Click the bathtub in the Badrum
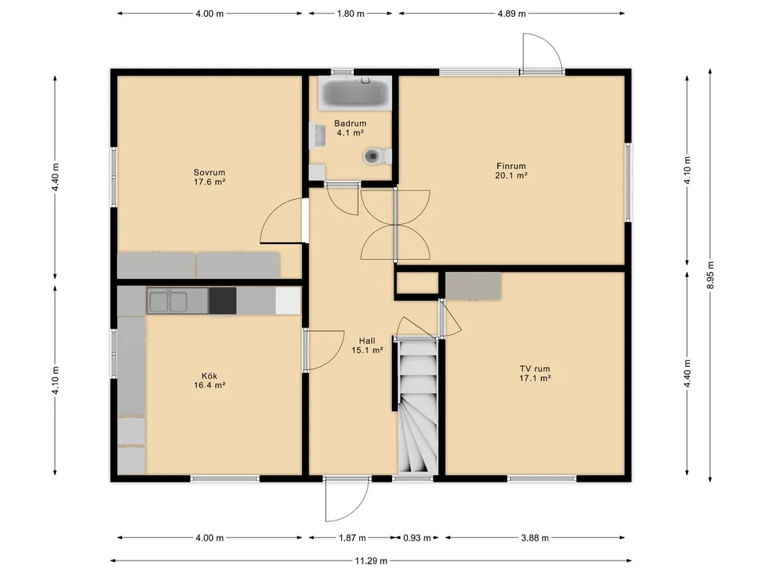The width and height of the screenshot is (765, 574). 355,92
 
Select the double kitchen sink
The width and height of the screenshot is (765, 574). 168,301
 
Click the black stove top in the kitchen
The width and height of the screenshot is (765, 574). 222,301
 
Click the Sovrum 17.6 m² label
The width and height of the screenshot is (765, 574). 210,177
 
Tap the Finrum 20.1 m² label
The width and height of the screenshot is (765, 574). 512,171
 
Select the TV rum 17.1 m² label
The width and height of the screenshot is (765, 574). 535,373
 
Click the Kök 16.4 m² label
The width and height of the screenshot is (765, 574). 210,380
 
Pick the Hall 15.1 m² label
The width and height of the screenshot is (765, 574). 367,345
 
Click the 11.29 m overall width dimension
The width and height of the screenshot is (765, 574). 371,560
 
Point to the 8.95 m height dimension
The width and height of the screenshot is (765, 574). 710,275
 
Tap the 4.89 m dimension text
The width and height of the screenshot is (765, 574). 512,14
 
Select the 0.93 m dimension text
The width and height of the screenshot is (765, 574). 417,538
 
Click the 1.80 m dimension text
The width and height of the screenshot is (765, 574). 351,14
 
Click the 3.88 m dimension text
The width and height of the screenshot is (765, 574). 535,538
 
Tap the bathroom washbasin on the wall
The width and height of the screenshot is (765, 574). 317,136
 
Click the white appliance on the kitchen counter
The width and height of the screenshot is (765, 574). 288,301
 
